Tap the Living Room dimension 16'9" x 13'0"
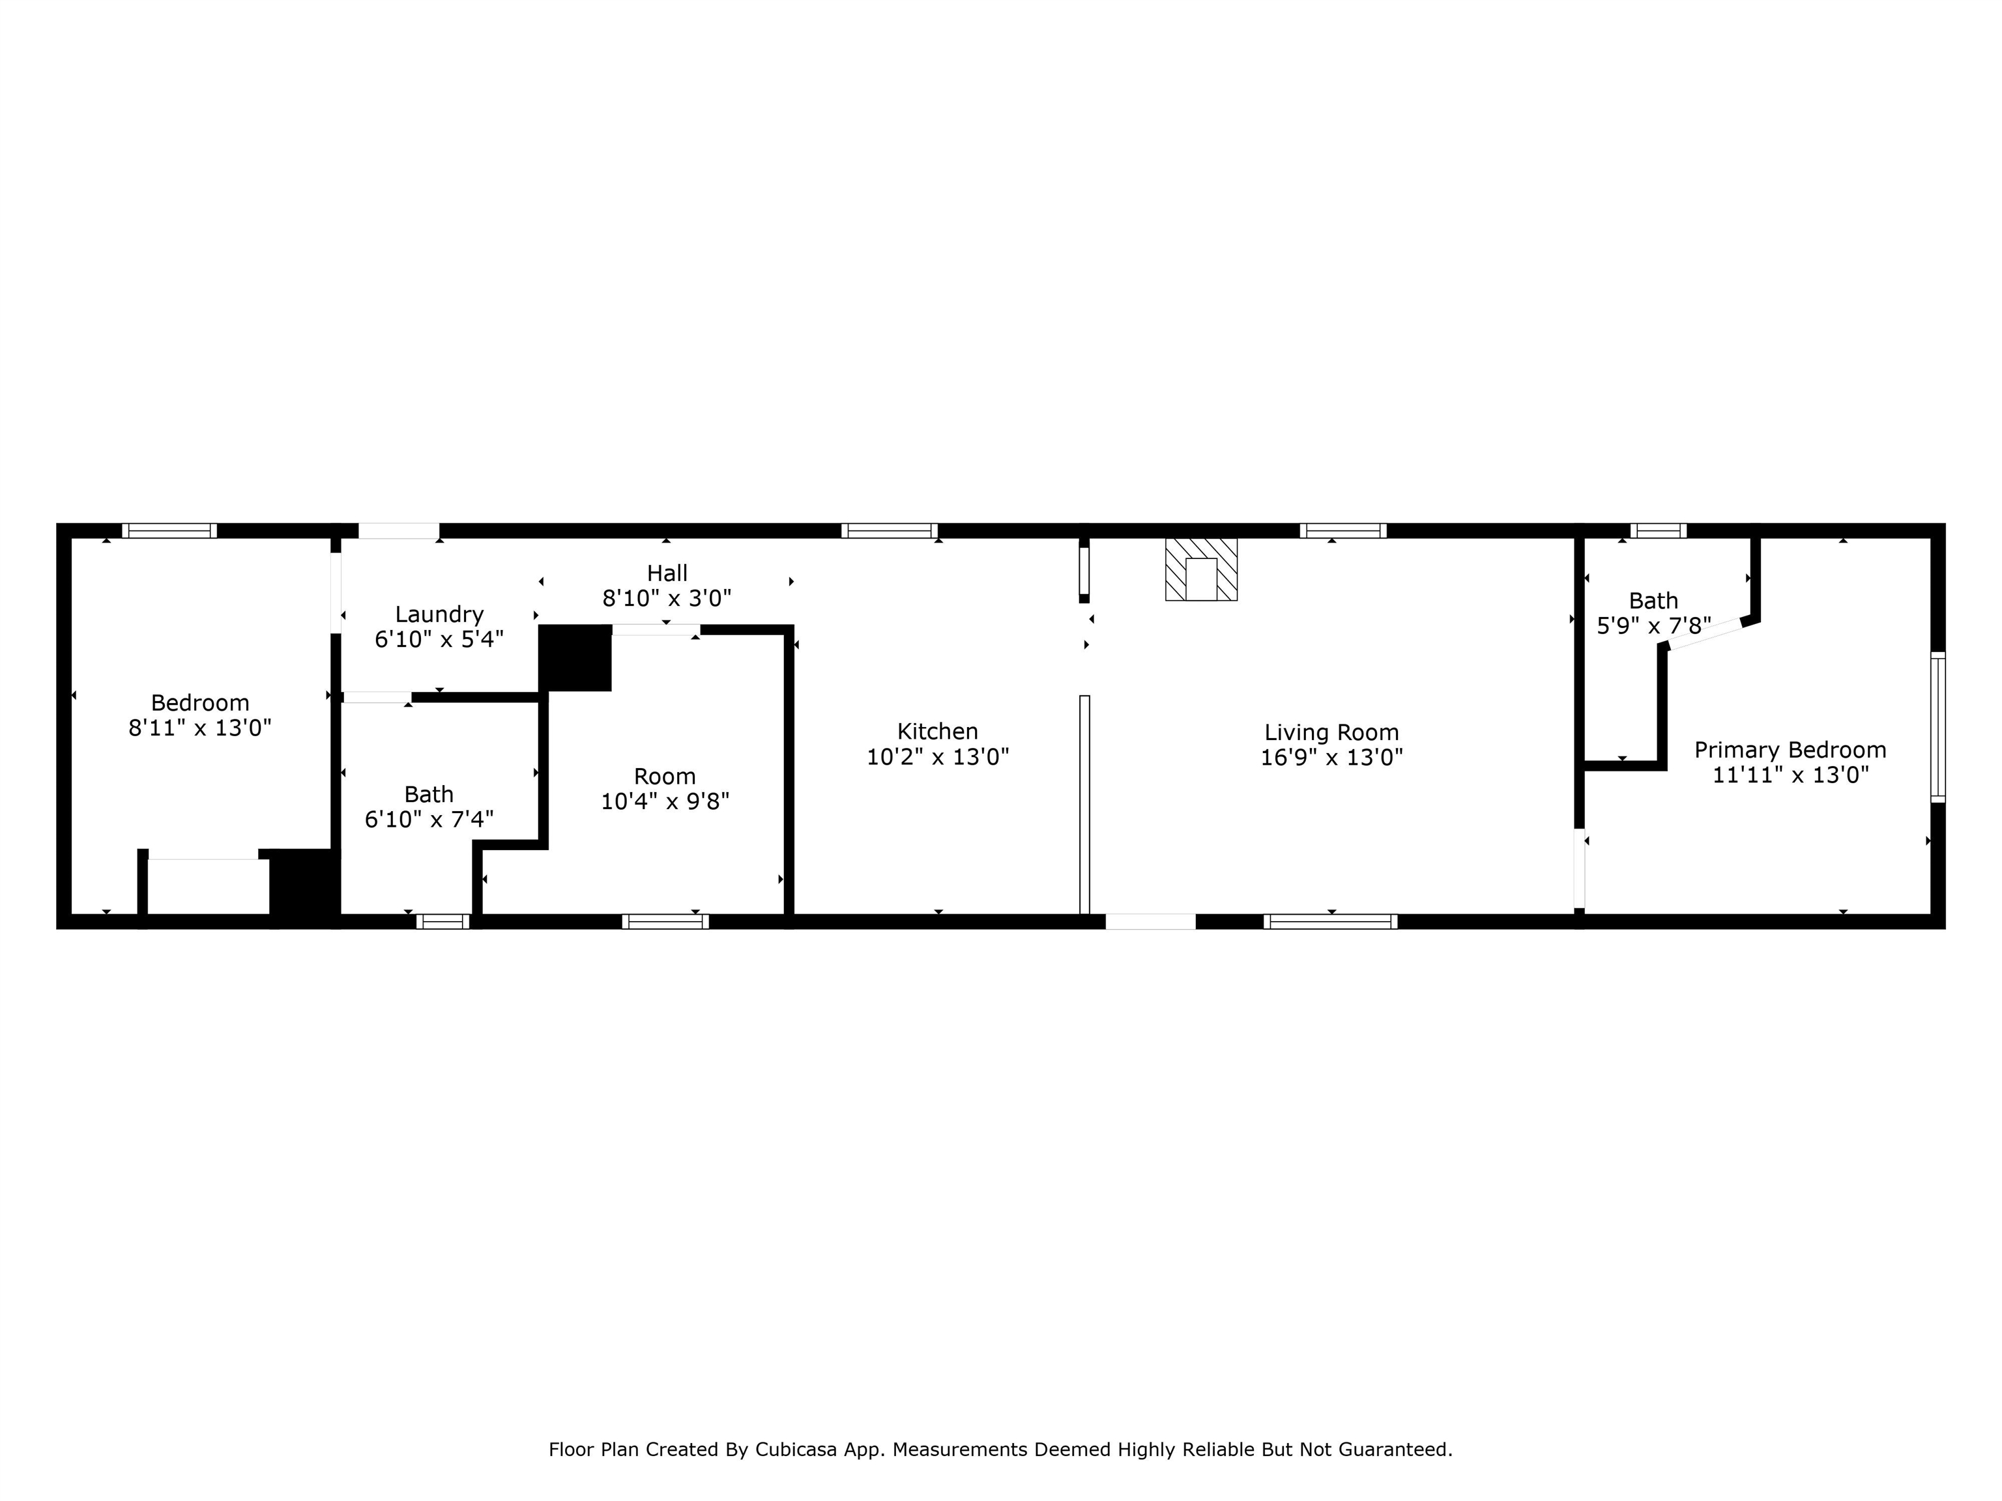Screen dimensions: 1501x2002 1331,757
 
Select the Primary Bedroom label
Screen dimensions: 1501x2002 1790,750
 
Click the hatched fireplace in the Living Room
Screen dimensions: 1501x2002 1201,570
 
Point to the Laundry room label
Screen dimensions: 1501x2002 439,614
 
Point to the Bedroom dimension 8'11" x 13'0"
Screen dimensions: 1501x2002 200,728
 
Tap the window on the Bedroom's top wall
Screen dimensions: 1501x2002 169,531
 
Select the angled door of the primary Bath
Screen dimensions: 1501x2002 1704,633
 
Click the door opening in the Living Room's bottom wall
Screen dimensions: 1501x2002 1150,921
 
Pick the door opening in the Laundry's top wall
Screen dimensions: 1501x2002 399,531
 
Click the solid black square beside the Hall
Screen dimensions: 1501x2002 575,658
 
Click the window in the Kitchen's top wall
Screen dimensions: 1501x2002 889,531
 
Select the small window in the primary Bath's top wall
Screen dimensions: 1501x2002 1657,531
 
